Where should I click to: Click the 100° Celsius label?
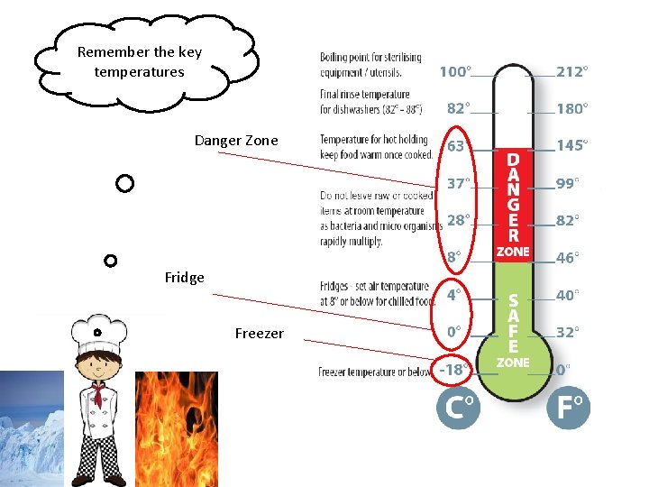(455, 71)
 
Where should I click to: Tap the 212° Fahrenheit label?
(571, 71)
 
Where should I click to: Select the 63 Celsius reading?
(455, 146)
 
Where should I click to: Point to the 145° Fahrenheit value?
(571, 145)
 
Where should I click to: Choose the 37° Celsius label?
(457, 183)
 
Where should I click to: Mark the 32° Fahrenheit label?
(568, 332)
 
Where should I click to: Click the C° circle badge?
(458, 409)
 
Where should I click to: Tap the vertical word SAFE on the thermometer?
(513, 322)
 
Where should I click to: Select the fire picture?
(177, 428)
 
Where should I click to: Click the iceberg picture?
(32, 428)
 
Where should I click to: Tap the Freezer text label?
(259, 334)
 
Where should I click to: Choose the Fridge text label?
(185, 278)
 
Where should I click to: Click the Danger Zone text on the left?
(236, 140)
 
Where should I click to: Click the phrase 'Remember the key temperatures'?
(140, 61)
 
